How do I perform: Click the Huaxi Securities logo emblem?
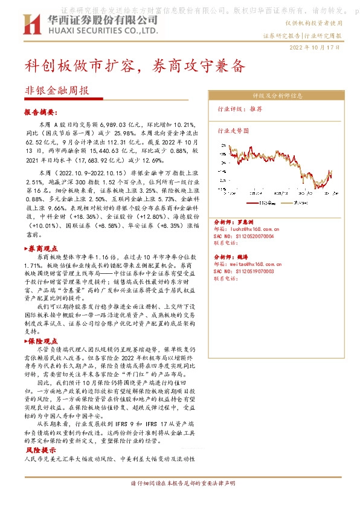[31, 24]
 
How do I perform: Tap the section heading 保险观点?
[43, 342]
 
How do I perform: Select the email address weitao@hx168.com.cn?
[248, 265]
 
